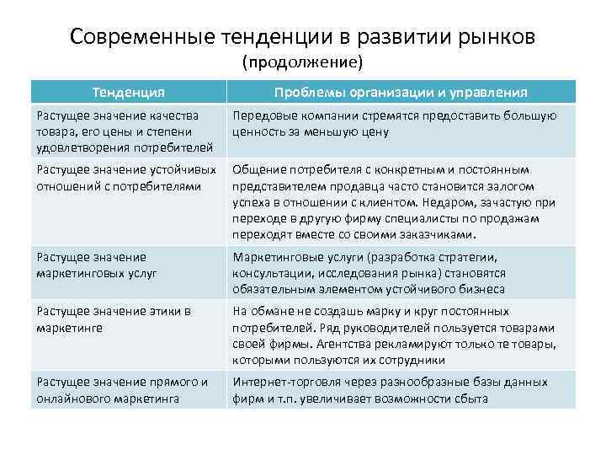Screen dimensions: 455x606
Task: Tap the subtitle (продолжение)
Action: coord(302,62)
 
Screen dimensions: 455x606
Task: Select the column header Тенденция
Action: coord(128,92)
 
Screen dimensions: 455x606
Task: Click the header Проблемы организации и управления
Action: coord(401,92)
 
